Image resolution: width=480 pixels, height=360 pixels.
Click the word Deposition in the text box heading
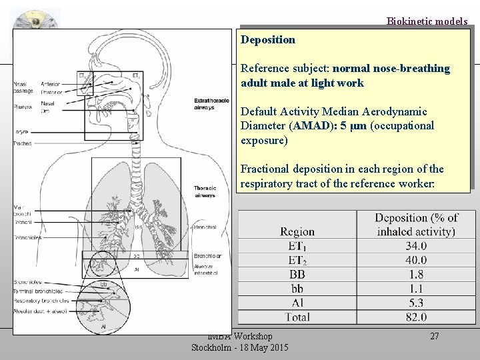[x=268, y=40]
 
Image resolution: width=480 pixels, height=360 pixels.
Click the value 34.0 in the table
[x=416, y=246]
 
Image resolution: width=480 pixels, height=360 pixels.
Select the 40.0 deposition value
[x=416, y=260]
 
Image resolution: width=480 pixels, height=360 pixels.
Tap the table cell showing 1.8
[x=416, y=274]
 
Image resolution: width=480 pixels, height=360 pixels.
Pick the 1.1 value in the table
[x=416, y=288]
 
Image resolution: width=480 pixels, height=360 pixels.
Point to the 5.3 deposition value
[x=416, y=302]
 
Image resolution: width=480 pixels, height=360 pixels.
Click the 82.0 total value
[x=416, y=317]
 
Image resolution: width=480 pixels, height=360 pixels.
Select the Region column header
[x=297, y=231]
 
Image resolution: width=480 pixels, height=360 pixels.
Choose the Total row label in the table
[x=297, y=317]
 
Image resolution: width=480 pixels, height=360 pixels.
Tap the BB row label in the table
[x=297, y=274]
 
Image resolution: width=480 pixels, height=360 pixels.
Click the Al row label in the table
[x=297, y=302]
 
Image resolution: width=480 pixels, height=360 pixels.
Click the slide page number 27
[x=434, y=336]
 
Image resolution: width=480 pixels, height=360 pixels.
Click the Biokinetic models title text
[x=427, y=21]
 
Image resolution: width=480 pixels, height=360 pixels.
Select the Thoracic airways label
[x=205, y=192]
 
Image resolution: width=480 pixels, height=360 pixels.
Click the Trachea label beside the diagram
[x=22, y=143]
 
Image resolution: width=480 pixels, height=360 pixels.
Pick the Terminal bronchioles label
[x=38, y=291]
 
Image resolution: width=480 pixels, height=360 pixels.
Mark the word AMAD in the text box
[x=299, y=126]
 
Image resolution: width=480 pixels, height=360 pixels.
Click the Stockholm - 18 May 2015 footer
[x=240, y=347]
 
